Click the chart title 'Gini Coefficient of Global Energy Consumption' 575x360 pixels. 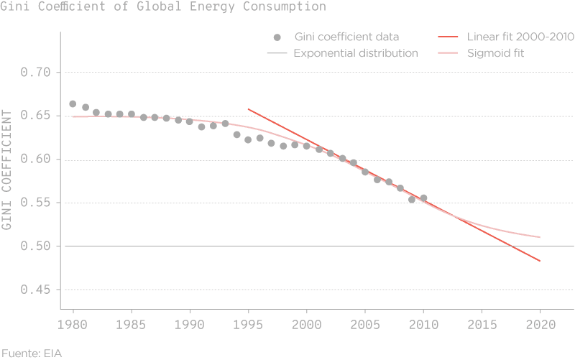163,7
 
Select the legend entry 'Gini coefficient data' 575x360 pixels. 346,37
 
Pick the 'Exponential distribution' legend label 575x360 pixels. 355,53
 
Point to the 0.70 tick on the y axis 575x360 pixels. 37,73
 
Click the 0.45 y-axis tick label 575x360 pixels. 37,290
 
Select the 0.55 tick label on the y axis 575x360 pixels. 37,203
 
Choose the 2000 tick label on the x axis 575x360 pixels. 306,325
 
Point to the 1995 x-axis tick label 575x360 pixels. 248,325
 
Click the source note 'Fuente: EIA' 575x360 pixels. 31,352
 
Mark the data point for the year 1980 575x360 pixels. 73,104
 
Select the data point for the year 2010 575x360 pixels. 423,198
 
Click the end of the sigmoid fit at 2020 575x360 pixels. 539,237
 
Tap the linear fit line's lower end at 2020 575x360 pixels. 539,261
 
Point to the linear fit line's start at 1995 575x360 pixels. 248,109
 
